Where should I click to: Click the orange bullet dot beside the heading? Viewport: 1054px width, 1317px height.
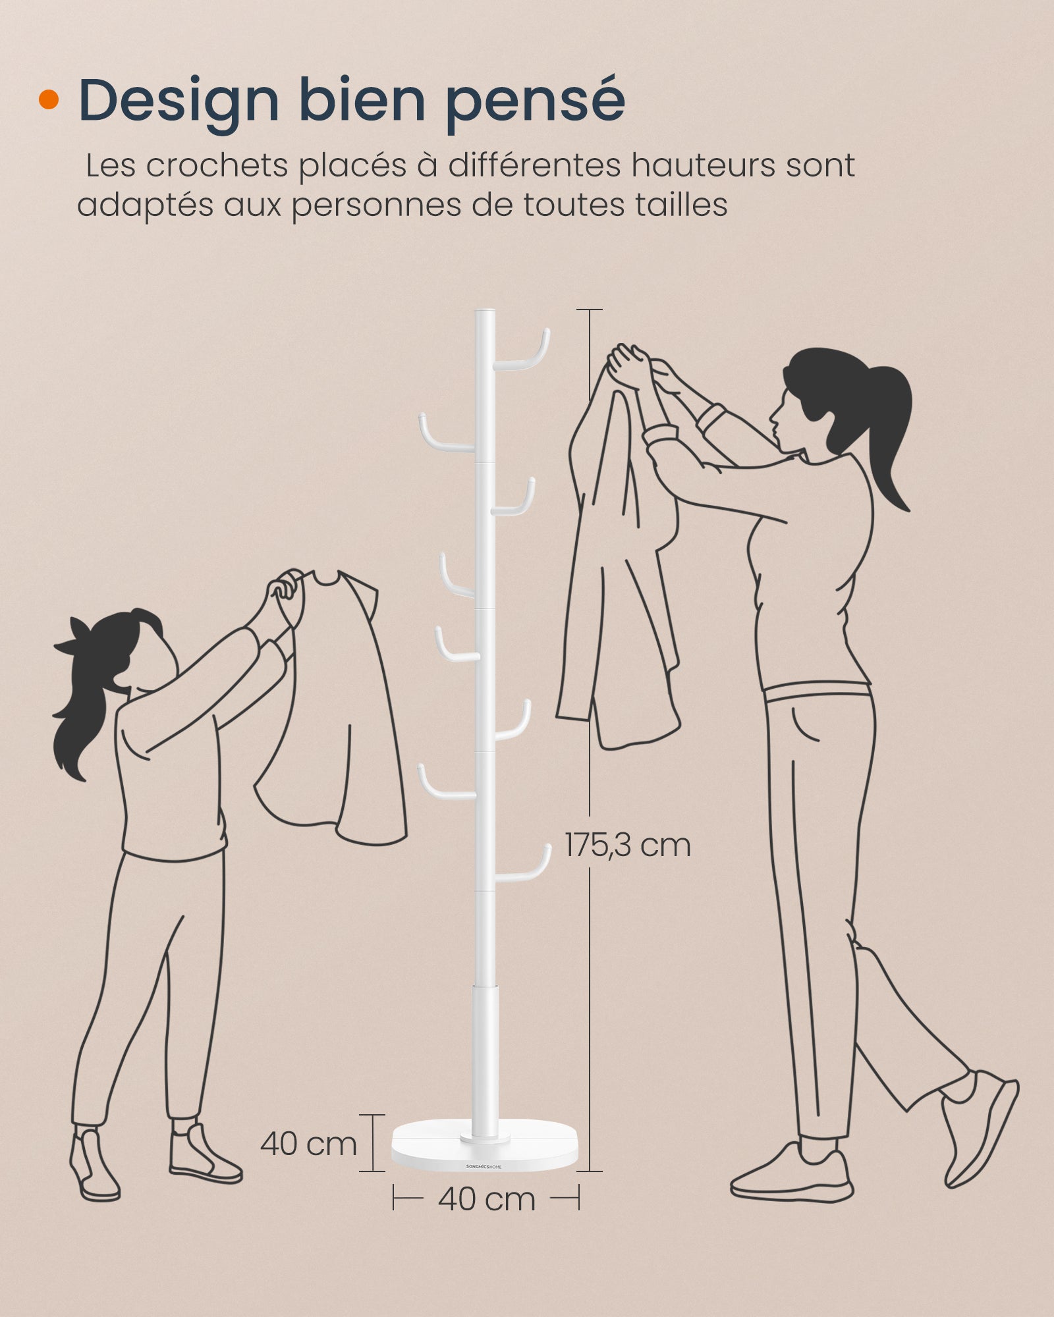pyautogui.click(x=49, y=100)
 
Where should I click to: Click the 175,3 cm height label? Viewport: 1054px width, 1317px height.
pyautogui.click(x=628, y=845)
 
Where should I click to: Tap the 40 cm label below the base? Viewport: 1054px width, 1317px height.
pyautogui.click(x=486, y=1199)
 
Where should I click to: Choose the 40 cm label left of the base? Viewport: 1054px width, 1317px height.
pyautogui.click(x=308, y=1144)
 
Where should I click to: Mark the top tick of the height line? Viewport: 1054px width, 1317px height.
pyautogui.click(x=589, y=309)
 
